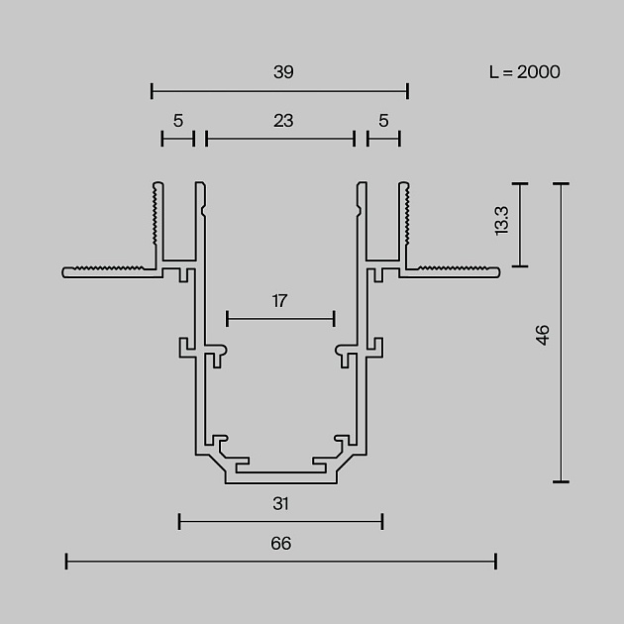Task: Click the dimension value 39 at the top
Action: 283,72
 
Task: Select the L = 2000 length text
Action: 525,71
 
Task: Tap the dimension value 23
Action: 283,121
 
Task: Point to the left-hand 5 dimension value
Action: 178,121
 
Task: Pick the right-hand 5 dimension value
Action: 383,121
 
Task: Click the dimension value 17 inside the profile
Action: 280,300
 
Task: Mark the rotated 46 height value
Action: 542,335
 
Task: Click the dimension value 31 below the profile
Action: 281,503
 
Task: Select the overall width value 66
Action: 281,543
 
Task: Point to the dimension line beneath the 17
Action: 280,318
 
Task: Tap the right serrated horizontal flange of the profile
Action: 451,270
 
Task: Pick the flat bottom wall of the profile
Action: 280,478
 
